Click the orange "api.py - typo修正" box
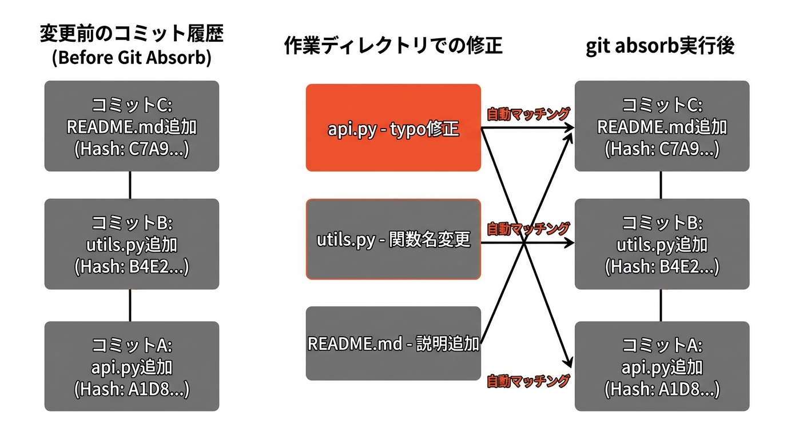(x=393, y=127)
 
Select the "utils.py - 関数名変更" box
(x=393, y=239)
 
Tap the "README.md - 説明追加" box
(x=393, y=344)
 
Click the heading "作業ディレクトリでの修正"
(x=393, y=46)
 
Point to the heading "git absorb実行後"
(x=661, y=46)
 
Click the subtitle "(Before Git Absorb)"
(x=132, y=58)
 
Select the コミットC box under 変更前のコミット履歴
(x=132, y=126)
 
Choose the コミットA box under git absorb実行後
(x=662, y=366)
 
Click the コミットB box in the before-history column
(x=132, y=244)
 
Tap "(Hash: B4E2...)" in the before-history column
(x=132, y=267)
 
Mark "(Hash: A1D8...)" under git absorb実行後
(x=662, y=390)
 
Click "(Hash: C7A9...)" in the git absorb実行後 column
(x=662, y=149)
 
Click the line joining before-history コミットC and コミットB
(x=130, y=185)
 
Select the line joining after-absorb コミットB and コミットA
(x=661, y=305)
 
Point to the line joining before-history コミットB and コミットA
(x=130, y=305)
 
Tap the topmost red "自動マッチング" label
(x=528, y=114)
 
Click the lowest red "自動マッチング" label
(x=528, y=381)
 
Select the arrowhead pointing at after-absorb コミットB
(x=570, y=243)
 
